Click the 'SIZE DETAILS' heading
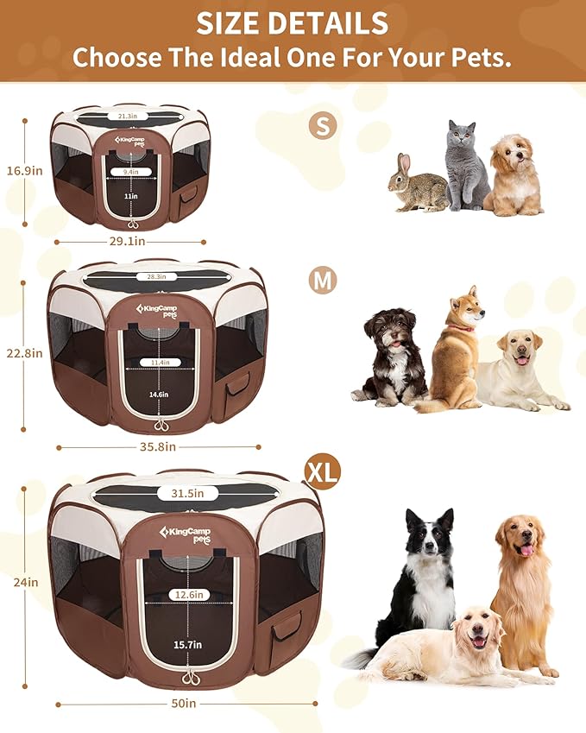tap(293, 22)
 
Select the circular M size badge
tap(323, 280)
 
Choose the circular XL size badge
tap(323, 471)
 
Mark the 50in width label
tap(184, 703)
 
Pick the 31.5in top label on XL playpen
tap(186, 493)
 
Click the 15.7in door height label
tap(186, 645)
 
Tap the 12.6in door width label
tap(186, 594)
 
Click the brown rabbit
tap(416, 186)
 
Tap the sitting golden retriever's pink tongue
tap(527, 550)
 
